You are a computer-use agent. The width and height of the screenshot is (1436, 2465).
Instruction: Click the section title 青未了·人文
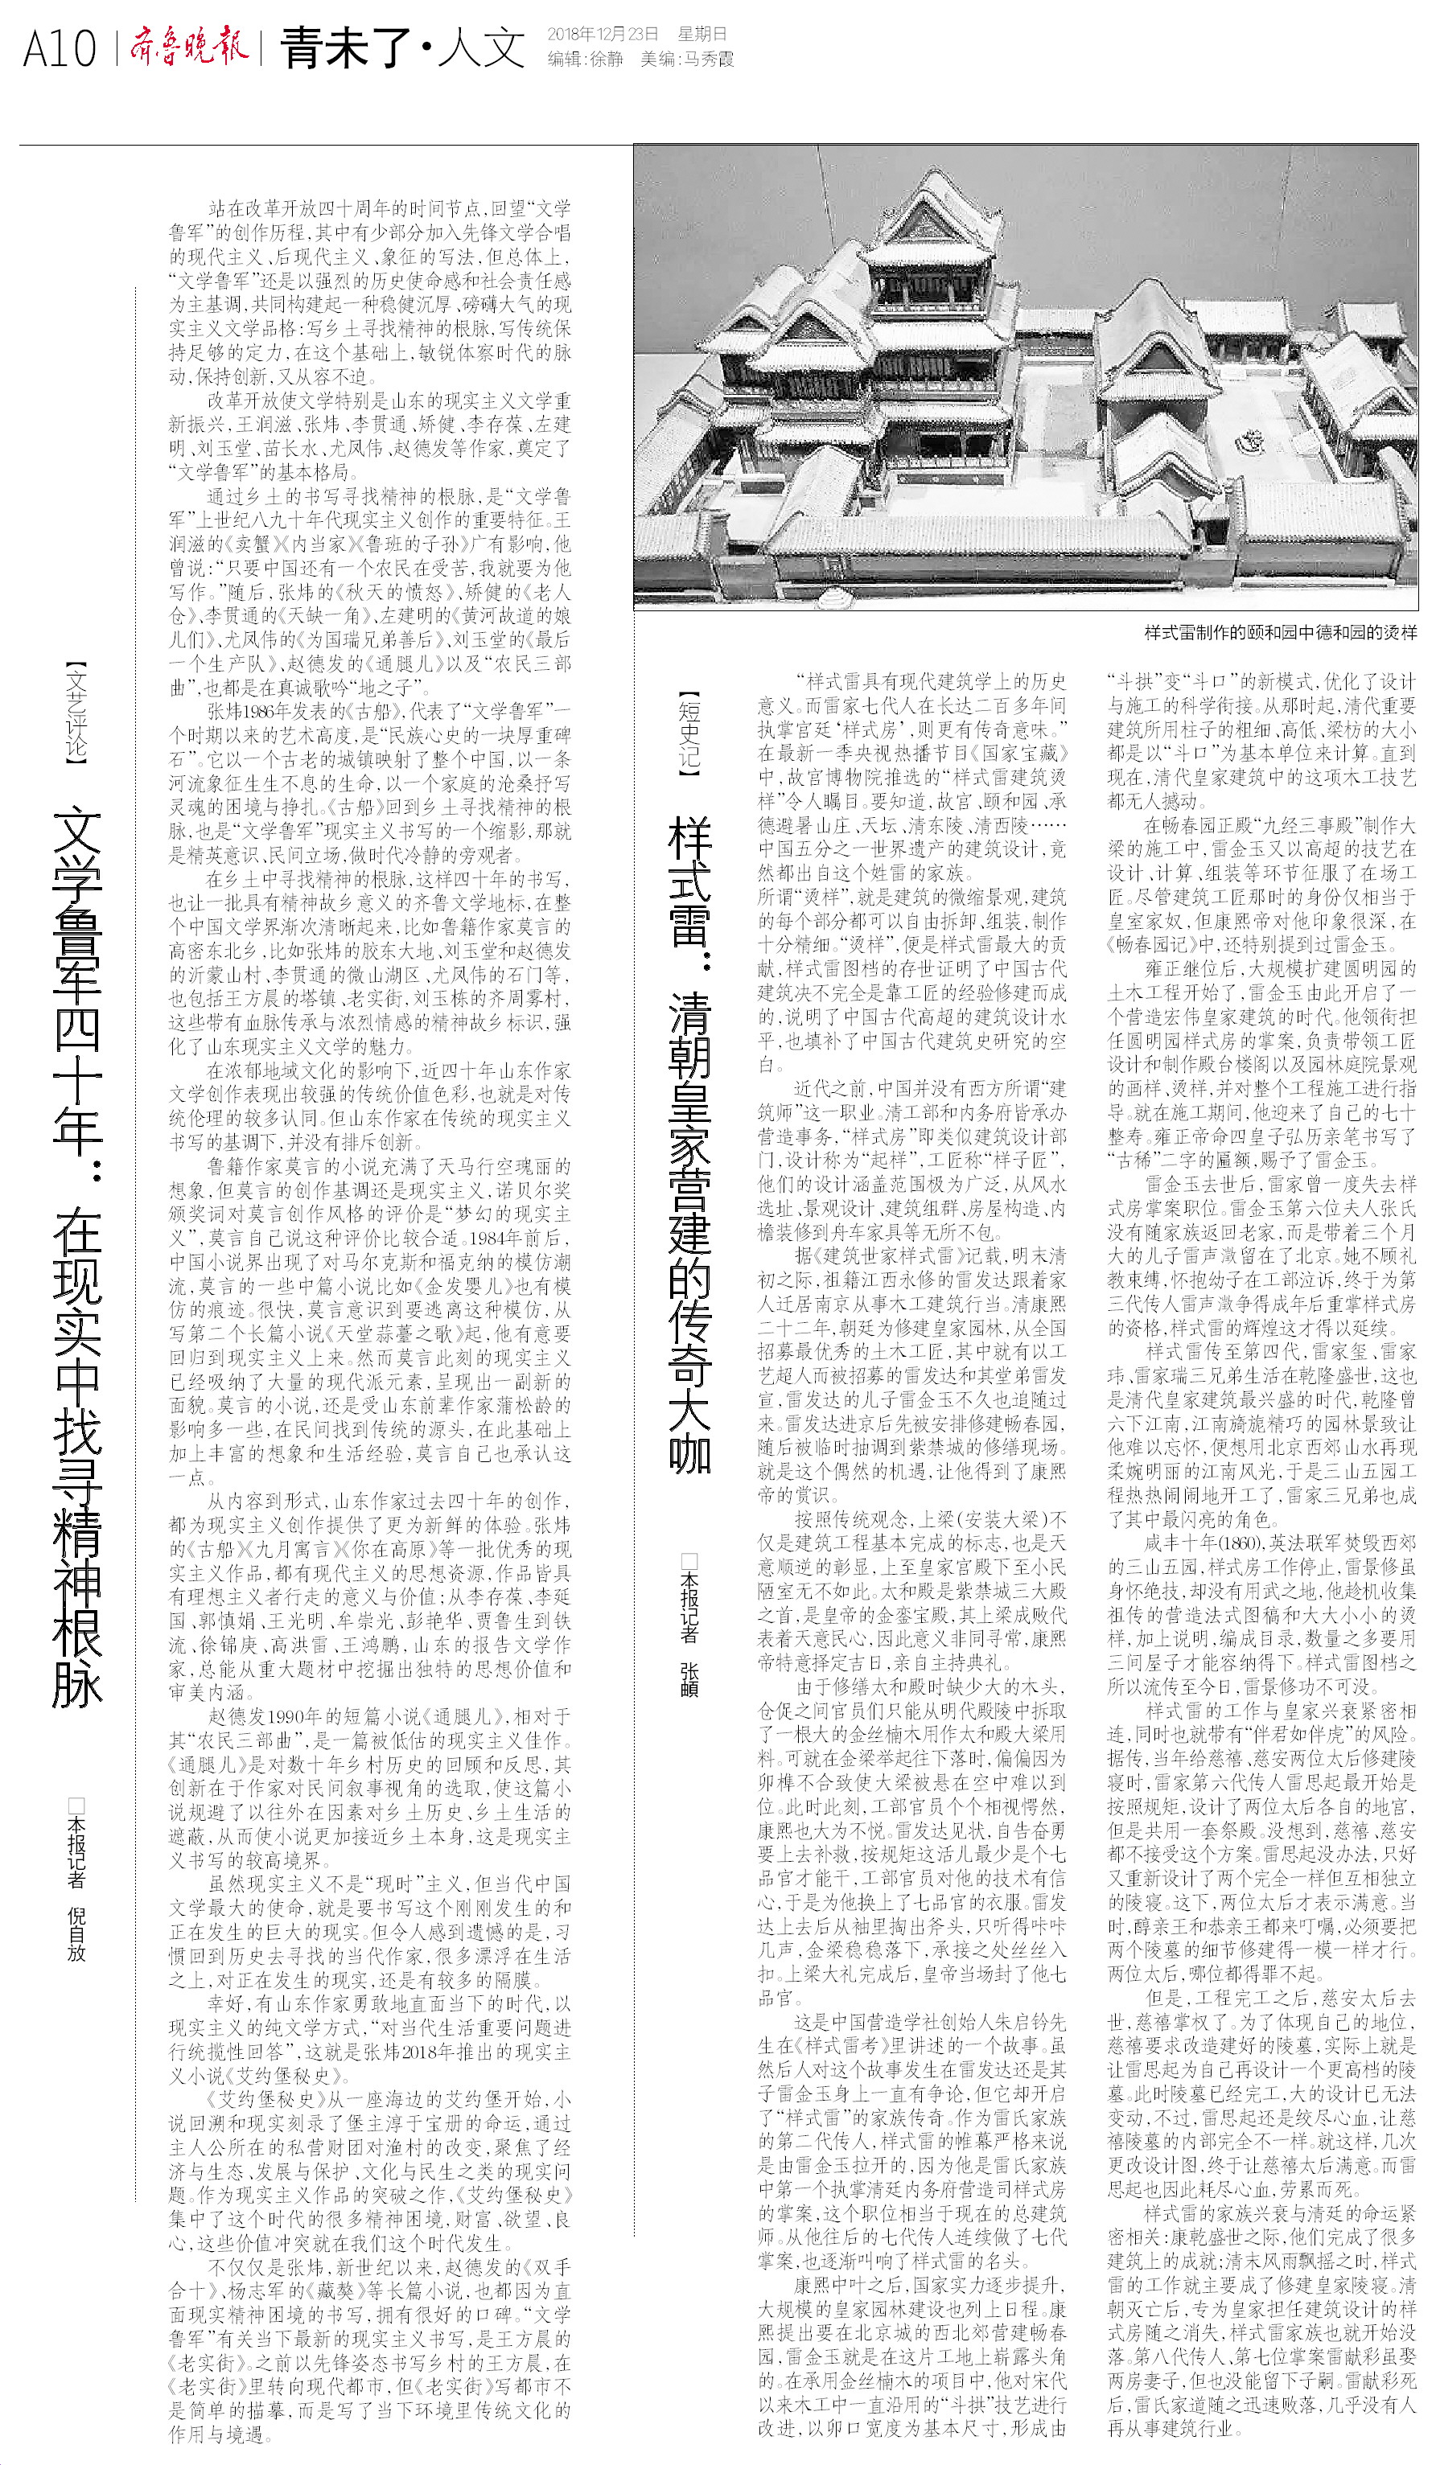(402, 47)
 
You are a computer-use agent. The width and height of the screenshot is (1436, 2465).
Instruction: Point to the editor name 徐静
(606, 59)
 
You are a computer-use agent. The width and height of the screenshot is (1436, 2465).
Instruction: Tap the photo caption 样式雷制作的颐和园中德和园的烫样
(1279, 633)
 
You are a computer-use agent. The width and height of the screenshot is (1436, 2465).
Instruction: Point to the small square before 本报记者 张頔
(689, 1561)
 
